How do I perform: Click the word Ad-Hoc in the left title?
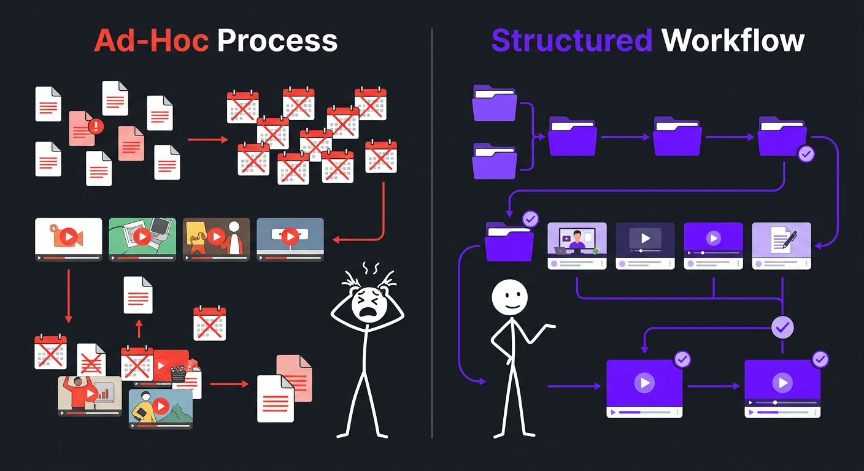[151, 40]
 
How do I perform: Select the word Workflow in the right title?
[733, 40]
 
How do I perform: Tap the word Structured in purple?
[571, 40]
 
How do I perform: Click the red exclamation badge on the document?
[96, 126]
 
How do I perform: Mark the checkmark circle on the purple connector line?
[782, 327]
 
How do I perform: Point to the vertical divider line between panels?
[432, 233]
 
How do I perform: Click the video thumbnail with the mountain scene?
[161, 408]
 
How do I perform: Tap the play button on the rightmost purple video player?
[782, 383]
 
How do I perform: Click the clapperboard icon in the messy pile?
[179, 373]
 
